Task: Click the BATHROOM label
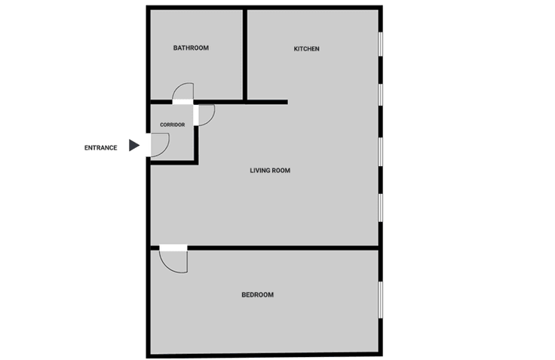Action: click(x=191, y=48)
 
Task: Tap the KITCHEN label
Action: click(x=306, y=49)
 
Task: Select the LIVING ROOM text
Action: click(x=270, y=171)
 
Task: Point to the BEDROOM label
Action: click(x=257, y=295)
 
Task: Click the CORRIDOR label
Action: click(x=172, y=125)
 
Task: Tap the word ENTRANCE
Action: click(x=100, y=148)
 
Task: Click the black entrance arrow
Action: click(x=133, y=146)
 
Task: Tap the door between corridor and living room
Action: click(x=204, y=114)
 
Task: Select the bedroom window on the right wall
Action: click(x=382, y=300)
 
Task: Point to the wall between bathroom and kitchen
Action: click(x=245, y=54)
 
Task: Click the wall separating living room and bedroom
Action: click(x=287, y=247)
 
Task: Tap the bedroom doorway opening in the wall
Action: click(x=173, y=247)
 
